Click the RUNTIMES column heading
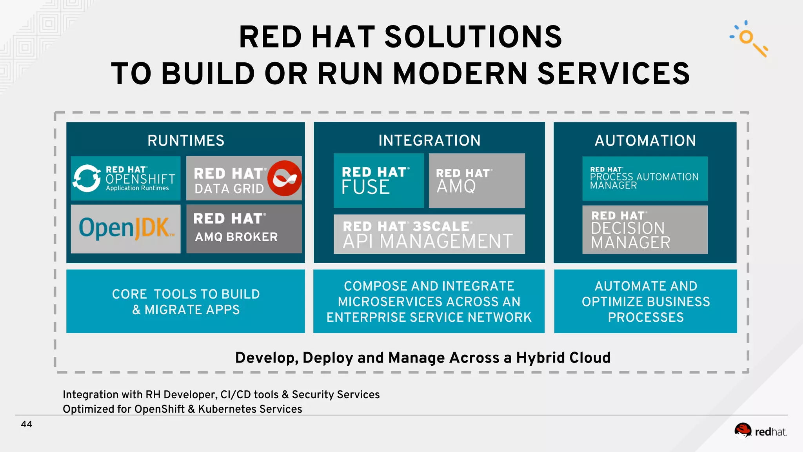tap(186, 140)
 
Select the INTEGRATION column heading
tap(429, 140)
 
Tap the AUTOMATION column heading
tap(645, 140)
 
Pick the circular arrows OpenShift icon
tap(87, 178)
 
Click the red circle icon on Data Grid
tap(285, 178)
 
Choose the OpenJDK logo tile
tap(126, 228)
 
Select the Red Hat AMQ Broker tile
tap(244, 228)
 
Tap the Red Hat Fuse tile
tap(378, 180)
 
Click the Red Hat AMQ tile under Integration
tap(477, 180)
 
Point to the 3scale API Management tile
tap(429, 234)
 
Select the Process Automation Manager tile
tap(645, 179)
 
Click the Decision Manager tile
tap(645, 230)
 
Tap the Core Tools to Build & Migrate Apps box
tap(185, 301)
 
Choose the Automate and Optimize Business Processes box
tap(645, 301)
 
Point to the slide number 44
tap(27, 424)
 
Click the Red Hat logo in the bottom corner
tap(760, 431)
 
